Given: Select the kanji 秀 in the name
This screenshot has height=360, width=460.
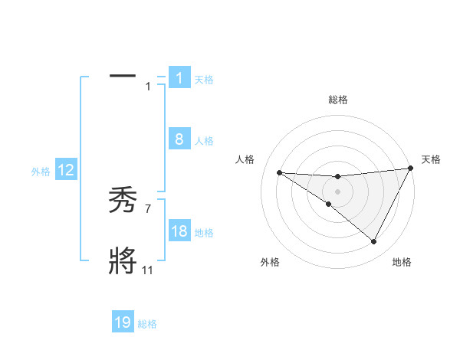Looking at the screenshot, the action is click(123, 201).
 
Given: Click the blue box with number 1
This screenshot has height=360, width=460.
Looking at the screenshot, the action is click(179, 77).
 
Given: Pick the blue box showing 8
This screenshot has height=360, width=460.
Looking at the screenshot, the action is click(179, 139).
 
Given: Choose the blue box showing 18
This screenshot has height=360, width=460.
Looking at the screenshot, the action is click(179, 231).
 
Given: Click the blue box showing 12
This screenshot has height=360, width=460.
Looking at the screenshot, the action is click(66, 170).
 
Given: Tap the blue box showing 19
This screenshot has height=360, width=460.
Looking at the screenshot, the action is click(123, 322).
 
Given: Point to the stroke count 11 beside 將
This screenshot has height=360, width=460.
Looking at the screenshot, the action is click(147, 270).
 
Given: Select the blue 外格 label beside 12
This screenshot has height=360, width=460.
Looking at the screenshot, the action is click(41, 172).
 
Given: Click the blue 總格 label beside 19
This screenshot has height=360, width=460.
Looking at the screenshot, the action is click(147, 324).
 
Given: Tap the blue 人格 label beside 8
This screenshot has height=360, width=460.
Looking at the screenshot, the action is click(204, 141).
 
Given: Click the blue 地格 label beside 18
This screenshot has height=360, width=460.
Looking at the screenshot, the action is click(204, 233).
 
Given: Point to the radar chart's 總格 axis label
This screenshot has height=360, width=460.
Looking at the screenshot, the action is click(337, 100).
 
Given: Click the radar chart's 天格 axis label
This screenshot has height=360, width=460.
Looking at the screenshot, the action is click(431, 159).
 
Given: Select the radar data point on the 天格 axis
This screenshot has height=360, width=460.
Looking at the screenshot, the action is click(410, 168).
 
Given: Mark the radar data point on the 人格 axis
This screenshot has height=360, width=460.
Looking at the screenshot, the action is click(279, 172).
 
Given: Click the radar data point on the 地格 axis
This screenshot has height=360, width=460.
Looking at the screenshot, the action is click(373, 242).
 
